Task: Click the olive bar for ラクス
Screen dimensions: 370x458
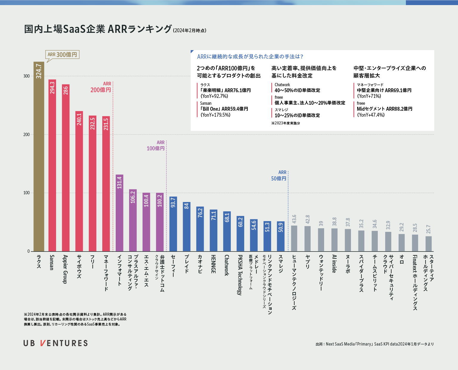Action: pyautogui.click(x=39, y=157)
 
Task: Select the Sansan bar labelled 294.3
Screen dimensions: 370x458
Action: pyautogui.click(x=52, y=166)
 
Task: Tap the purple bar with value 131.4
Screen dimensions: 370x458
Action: pyautogui.click(x=119, y=213)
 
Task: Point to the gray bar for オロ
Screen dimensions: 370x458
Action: pyautogui.click(x=402, y=243)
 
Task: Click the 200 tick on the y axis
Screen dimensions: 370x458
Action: pyautogui.click(x=27, y=135)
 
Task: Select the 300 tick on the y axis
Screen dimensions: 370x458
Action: pyautogui.click(x=27, y=76)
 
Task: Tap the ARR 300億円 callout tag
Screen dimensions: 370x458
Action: pyautogui.click(x=62, y=55)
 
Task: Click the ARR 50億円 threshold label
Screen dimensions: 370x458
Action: pyautogui.click(x=279, y=176)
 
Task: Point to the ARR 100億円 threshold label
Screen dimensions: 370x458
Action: pyautogui.click(x=156, y=146)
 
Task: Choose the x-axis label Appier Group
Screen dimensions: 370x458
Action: pyautogui.click(x=65, y=269)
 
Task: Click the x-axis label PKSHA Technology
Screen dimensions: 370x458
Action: pyautogui.click(x=240, y=275)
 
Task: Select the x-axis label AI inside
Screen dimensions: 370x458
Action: pyautogui.click(x=334, y=264)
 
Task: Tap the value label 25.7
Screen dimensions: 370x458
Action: pyautogui.click(x=428, y=229)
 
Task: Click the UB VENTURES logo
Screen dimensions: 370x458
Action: pyautogui.click(x=56, y=343)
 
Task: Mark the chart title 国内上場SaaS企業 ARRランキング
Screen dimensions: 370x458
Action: pyautogui.click(x=98, y=29)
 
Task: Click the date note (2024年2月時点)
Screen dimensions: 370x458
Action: pyautogui.click(x=190, y=30)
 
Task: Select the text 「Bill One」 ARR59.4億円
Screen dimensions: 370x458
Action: pyautogui.click(x=224, y=109)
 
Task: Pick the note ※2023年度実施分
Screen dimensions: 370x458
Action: pyautogui.click(x=286, y=123)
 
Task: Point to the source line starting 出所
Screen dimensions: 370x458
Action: pyautogui.click(x=375, y=344)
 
